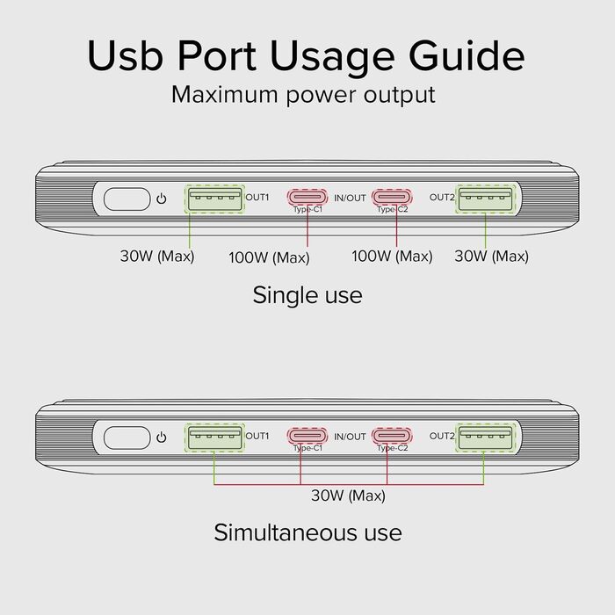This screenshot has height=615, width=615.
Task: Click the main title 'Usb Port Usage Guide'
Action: [x=307, y=55]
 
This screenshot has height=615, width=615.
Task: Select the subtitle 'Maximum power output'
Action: [x=303, y=94]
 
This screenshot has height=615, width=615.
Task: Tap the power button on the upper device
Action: [x=125, y=199]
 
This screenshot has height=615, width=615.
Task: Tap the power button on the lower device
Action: [x=125, y=437]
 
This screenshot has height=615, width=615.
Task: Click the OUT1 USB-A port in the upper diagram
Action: [x=214, y=199]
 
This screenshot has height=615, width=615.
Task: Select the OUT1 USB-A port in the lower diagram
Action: [x=214, y=437]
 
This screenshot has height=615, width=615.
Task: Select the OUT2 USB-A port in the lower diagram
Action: [x=485, y=437]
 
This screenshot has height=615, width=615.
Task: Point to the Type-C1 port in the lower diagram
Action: [x=307, y=436]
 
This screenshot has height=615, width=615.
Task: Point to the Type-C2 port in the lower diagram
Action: [x=392, y=436]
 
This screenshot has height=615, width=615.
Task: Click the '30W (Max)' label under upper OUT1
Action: [x=156, y=257]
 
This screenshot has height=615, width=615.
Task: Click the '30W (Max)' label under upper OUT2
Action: [x=491, y=257]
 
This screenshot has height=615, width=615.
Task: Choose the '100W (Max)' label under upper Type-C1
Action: [x=269, y=257]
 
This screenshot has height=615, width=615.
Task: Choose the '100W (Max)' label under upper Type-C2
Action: [x=392, y=257]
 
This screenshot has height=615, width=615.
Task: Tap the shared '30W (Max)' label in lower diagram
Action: [x=348, y=496]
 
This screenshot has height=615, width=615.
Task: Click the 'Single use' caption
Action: [x=307, y=294]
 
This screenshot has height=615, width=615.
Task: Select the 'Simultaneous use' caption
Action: [x=307, y=532]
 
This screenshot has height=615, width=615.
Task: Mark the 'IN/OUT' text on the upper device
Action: [x=351, y=199]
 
